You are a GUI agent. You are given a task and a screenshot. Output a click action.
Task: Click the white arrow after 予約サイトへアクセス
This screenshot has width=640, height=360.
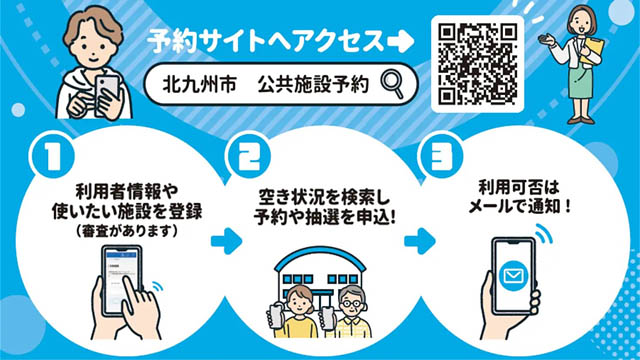[x=400, y=42]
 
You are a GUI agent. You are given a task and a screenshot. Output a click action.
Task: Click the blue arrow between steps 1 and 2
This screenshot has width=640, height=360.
[x=228, y=241]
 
